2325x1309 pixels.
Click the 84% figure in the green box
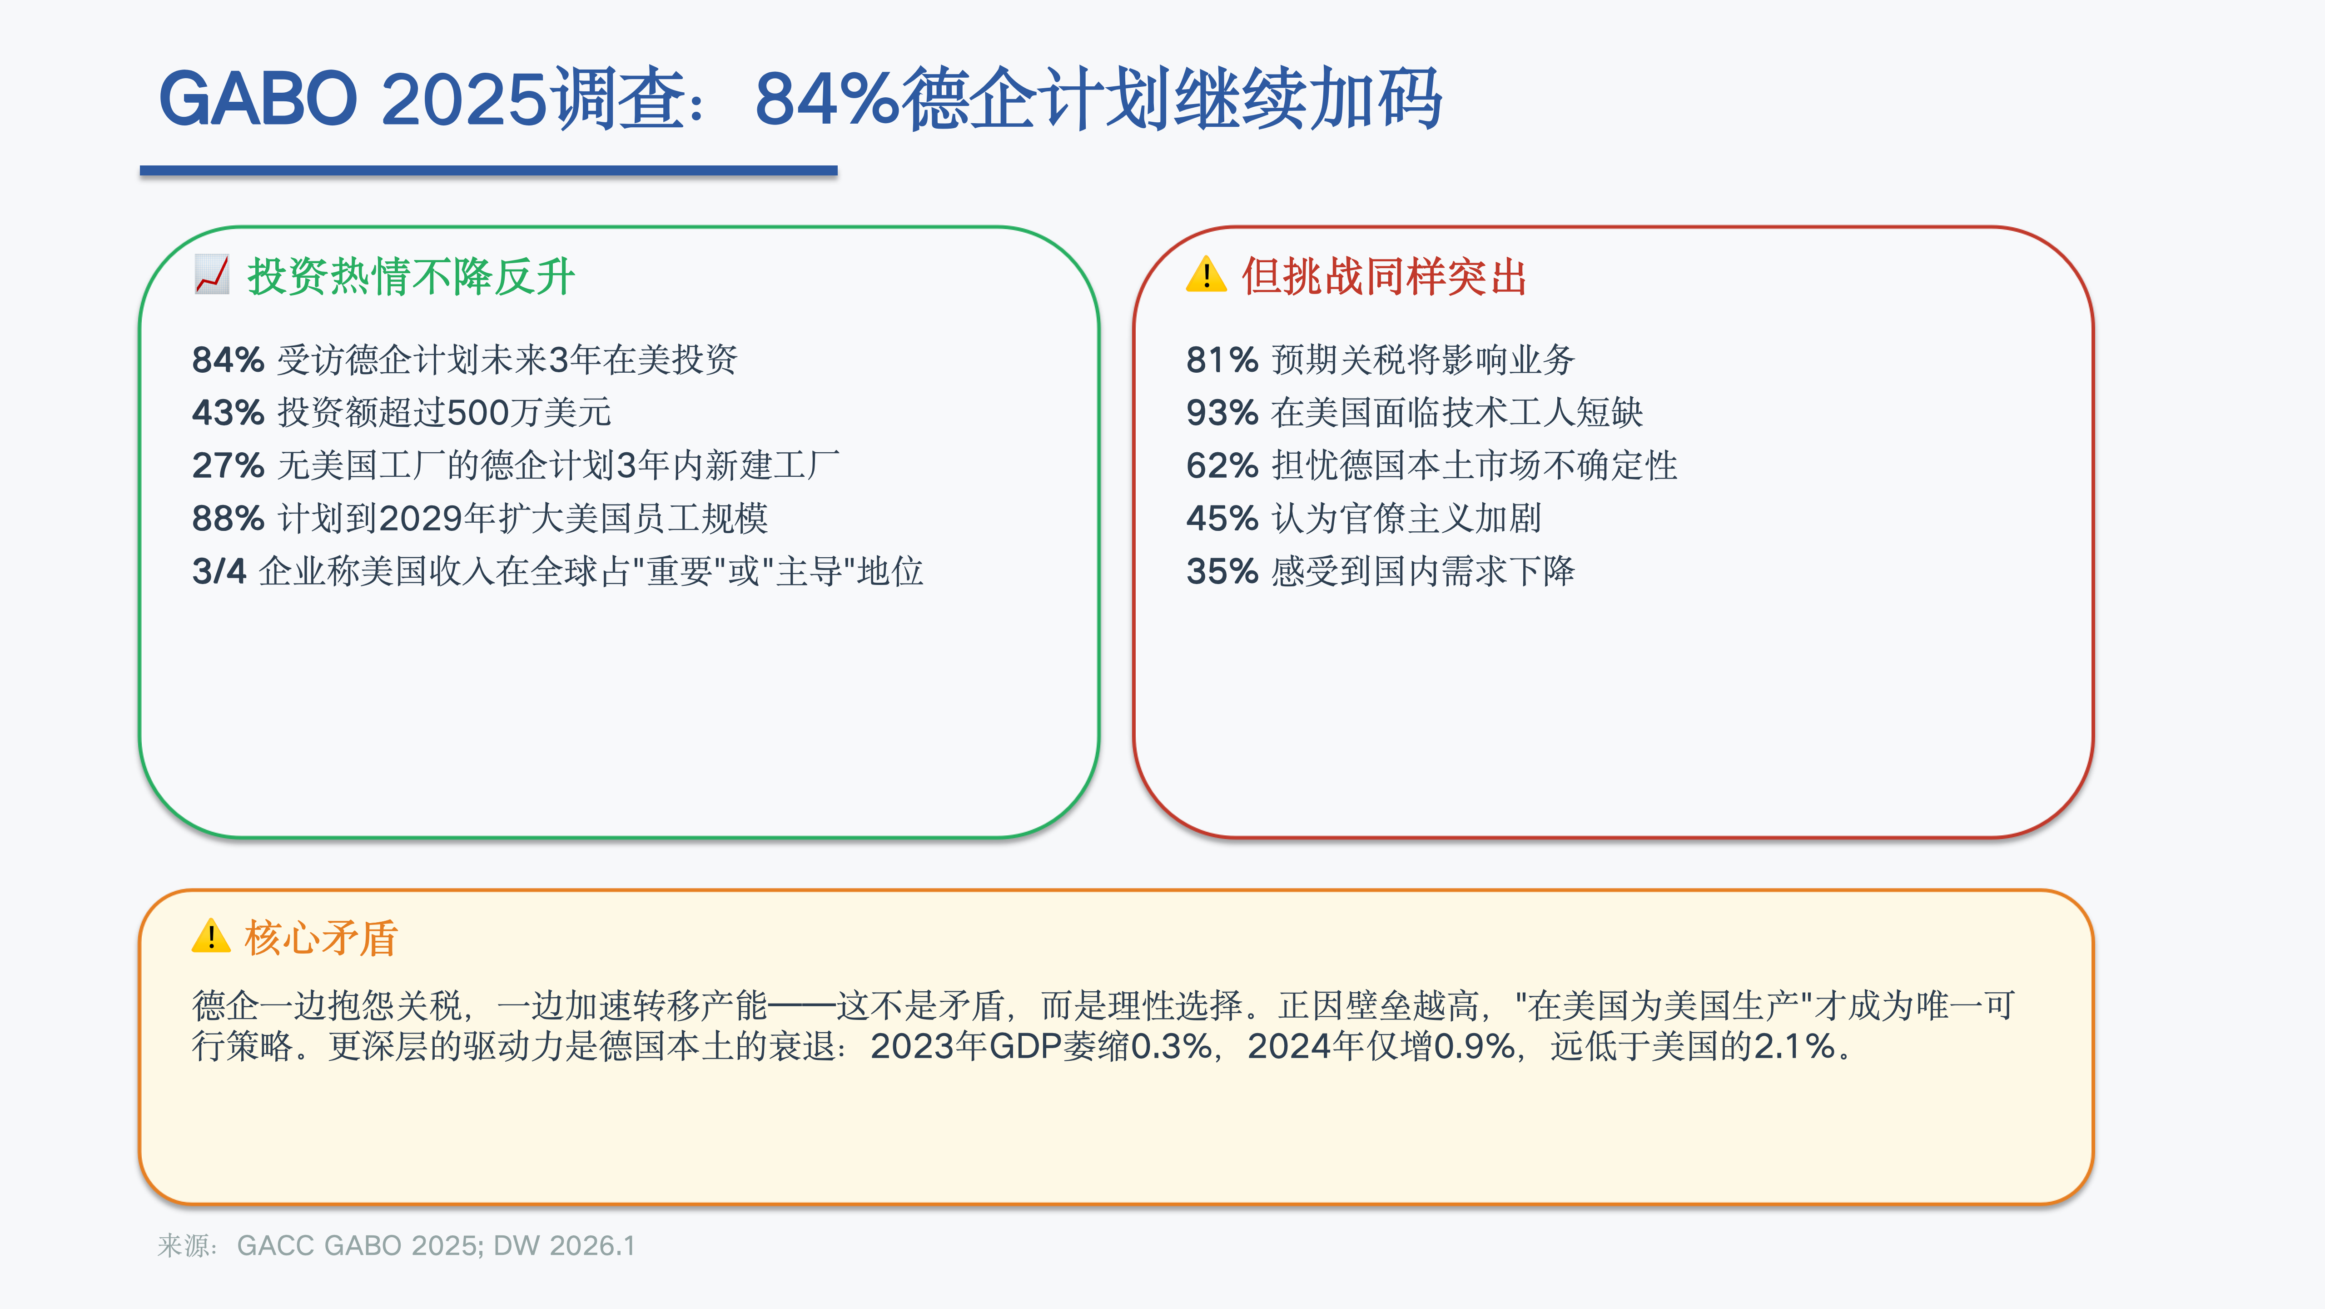tap(228, 360)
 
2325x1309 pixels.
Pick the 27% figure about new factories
tap(228, 466)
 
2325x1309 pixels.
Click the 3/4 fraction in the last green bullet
tap(219, 571)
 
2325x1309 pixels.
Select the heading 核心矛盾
tap(320, 937)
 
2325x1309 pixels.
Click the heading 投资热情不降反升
tap(411, 276)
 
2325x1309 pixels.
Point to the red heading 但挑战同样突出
tap(1384, 276)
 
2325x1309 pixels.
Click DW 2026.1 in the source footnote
tap(564, 1246)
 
